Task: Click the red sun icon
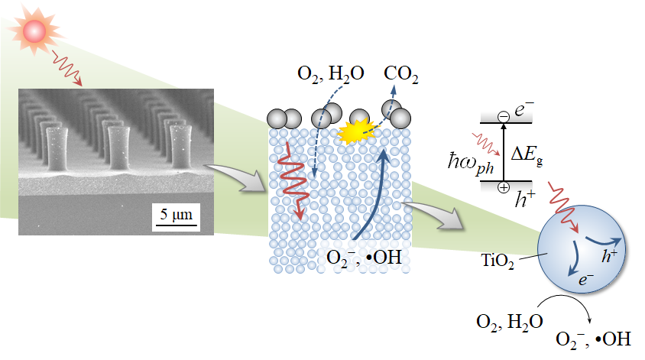(34, 31)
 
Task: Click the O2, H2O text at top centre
(329, 75)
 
